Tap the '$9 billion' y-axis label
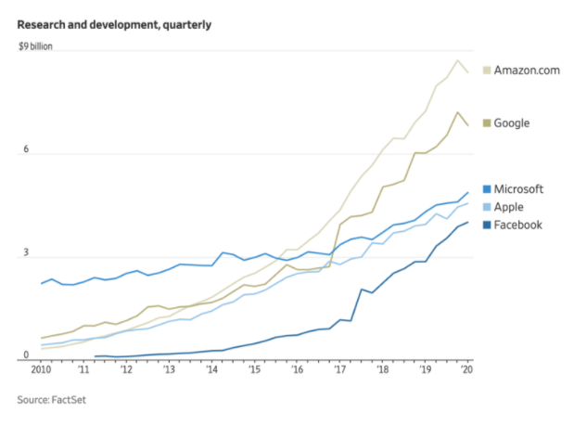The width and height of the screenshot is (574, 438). (37, 45)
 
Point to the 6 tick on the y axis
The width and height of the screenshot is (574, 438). (26, 149)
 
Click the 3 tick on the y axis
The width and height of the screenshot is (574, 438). (26, 252)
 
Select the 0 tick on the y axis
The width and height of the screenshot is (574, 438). (26, 354)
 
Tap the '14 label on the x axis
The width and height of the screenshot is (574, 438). (213, 370)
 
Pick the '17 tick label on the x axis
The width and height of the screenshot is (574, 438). (341, 370)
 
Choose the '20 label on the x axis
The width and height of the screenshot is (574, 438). (468, 370)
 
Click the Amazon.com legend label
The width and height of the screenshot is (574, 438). (527, 71)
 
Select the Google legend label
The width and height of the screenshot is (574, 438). (513, 122)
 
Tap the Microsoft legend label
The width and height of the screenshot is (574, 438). (518, 189)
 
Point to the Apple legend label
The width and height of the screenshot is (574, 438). (510, 207)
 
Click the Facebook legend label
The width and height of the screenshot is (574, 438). (518, 225)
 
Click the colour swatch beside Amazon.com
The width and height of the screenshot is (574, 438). (487, 71)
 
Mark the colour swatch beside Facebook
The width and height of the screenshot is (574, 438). (487, 225)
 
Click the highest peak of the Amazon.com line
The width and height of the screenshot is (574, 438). (457, 60)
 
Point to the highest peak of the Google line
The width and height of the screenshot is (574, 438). (457, 112)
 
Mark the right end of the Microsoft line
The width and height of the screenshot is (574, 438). (467, 193)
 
